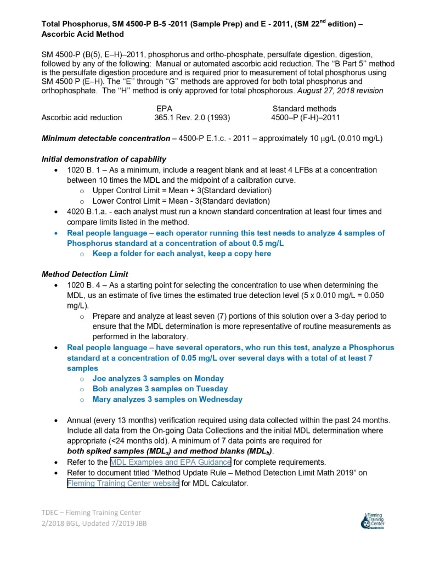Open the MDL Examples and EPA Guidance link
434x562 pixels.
tap(170, 462)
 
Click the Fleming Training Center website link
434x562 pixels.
tap(123, 484)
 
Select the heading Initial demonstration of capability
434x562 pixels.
tap(104, 159)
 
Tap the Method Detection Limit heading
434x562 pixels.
tap(85, 274)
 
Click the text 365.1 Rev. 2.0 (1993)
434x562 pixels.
tap(192, 117)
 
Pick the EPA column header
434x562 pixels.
tap(165, 109)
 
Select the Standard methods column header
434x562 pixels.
tap(305, 109)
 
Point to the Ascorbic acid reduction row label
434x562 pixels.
tap(82, 117)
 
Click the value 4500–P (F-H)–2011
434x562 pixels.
tap(306, 117)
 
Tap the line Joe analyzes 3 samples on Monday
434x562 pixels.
tap(158, 379)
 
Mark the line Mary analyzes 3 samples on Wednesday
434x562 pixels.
tap(167, 400)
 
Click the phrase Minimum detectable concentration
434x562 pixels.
tap(106, 138)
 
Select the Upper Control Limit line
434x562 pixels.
tap(182, 190)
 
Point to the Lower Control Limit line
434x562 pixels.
tap(181, 201)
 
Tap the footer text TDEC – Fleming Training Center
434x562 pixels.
tap(91, 513)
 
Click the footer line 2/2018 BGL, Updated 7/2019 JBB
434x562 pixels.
tap(94, 523)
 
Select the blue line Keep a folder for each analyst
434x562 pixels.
tap(182, 254)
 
